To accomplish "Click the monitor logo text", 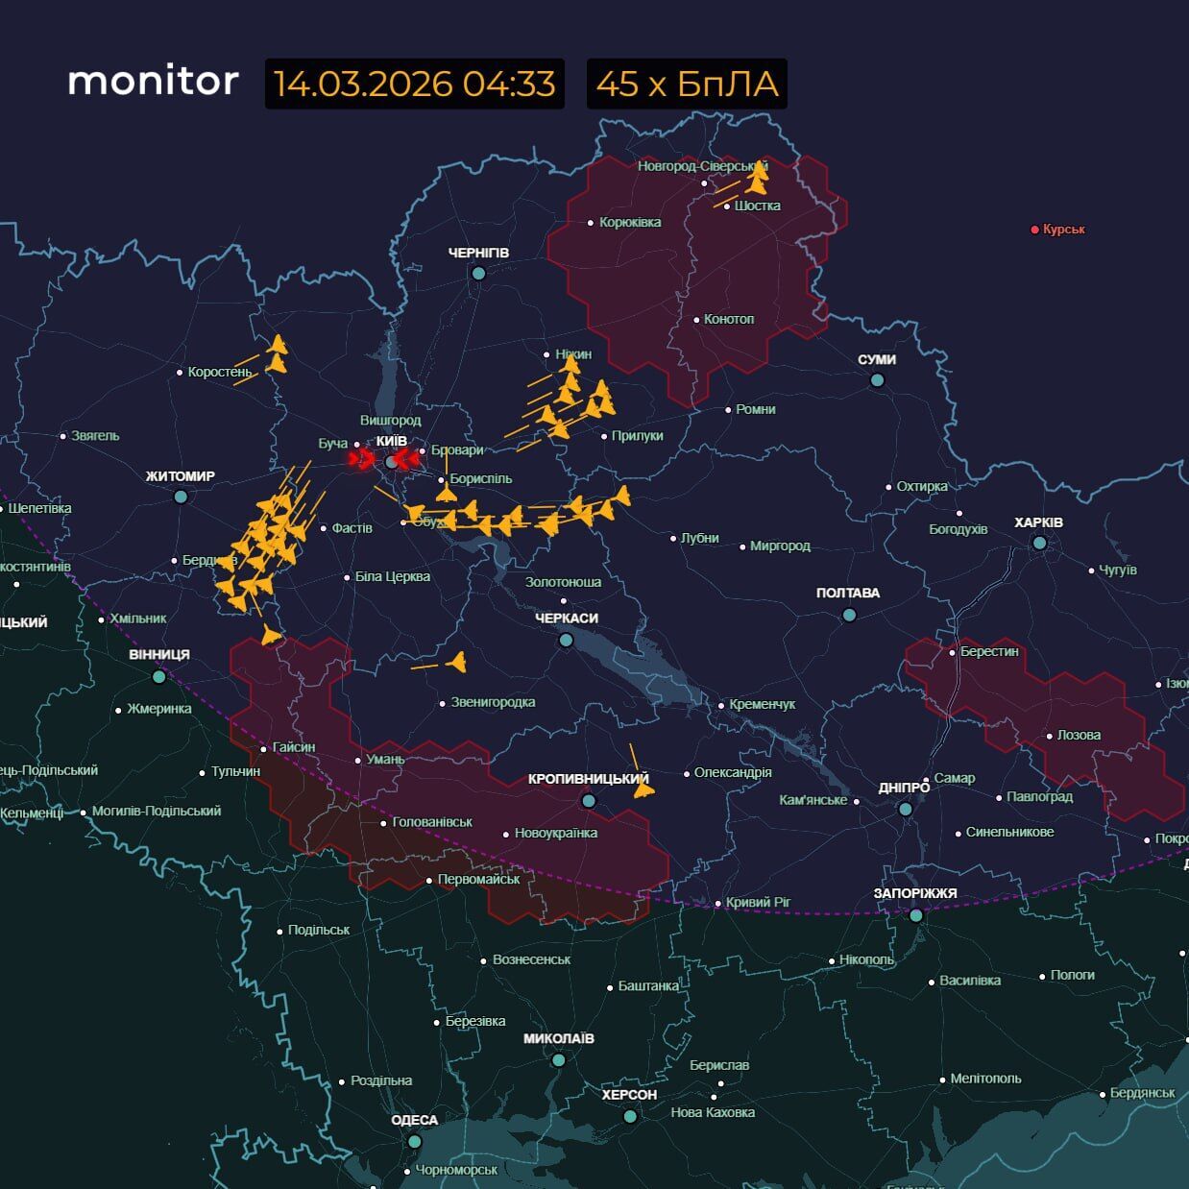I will click(x=153, y=82).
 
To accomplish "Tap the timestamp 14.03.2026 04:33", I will click(x=414, y=84).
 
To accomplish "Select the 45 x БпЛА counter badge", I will click(x=686, y=84).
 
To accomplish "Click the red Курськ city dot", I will click(x=1034, y=230).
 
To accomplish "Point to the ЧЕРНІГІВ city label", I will click(x=478, y=253).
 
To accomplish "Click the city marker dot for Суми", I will click(x=877, y=380).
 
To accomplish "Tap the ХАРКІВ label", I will click(x=1038, y=522).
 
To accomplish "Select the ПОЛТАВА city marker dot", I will click(x=849, y=615).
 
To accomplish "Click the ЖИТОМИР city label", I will click(x=181, y=476).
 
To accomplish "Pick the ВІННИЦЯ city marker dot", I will click(x=159, y=676).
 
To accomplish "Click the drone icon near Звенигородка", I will click(x=455, y=662).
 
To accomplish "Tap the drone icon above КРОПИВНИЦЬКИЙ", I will click(x=643, y=789).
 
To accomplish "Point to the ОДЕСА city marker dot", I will click(x=414, y=1142).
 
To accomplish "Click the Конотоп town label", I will click(x=729, y=319).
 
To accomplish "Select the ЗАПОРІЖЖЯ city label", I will click(x=914, y=893).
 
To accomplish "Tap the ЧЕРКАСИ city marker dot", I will click(x=567, y=640).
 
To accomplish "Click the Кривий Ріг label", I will click(x=759, y=902).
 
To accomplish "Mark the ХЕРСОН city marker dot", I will click(x=630, y=1116).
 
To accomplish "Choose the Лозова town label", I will click(x=1079, y=735).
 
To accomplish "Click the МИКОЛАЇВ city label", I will click(x=558, y=1038).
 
